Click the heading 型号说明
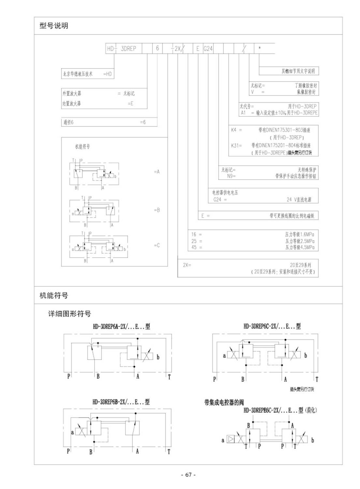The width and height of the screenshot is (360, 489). click(54, 26)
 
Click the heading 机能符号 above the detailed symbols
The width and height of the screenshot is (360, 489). click(54, 296)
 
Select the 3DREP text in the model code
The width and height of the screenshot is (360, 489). click(128, 49)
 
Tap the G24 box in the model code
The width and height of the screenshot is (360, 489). click(208, 49)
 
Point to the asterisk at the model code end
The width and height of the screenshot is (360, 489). click(260, 48)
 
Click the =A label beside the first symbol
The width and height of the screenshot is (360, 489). click(157, 172)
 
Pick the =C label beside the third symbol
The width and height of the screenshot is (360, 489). click(157, 245)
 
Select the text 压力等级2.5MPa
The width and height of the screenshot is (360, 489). click(300, 241)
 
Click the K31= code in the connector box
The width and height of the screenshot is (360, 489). click(237, 145)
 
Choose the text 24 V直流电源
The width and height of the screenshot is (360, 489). click(299, 200)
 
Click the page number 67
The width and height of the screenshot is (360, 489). click(188, 475)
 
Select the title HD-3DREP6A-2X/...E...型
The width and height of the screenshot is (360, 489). click(122, 327)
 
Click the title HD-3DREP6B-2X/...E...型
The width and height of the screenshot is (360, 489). click(121, 402)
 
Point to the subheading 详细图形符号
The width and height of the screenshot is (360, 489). click(70, 314)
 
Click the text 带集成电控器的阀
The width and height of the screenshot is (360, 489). click(224, 403)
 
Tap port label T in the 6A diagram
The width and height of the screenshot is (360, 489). click(169, 377)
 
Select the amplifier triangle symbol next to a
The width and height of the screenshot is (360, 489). click(231, 439)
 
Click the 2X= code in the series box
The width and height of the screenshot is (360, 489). click(187, 265)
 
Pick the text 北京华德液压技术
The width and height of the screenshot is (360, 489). click(78, 74)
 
